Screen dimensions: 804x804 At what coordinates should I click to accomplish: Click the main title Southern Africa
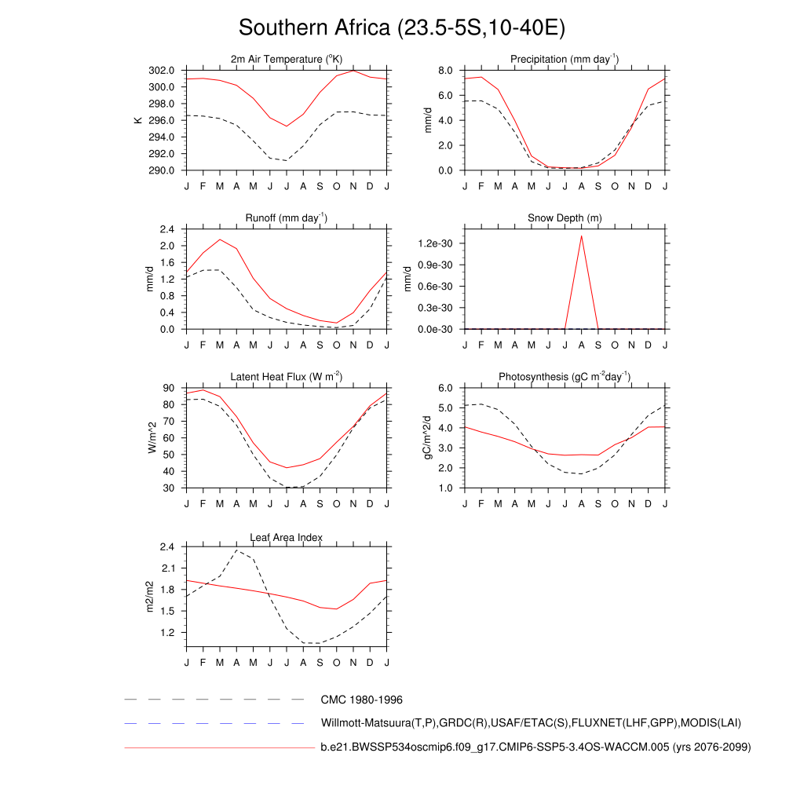tap(401, 28)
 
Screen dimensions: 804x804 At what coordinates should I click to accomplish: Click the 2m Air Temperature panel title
tap(287, 59)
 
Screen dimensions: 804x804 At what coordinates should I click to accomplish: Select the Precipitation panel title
tap(565, 59)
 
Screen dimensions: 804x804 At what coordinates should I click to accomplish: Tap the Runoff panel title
tap(287, 217)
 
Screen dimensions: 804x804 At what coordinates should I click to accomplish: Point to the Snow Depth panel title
tap(565, 217)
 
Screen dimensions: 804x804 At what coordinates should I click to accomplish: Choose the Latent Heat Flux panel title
tap(287, 377)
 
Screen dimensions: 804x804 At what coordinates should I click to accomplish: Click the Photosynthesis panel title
tap(565, 377)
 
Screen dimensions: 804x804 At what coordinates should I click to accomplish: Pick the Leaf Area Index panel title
tap(287, 537)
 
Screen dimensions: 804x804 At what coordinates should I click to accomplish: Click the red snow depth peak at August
tap(582, 236)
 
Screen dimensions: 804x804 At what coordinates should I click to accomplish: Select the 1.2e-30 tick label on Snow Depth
tap(433, 244)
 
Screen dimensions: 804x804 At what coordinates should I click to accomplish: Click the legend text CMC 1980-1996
tap(361, 699)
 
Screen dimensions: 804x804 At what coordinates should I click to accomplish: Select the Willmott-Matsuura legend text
tap(531, 722)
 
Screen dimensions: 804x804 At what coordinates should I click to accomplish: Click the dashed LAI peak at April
tap(236, 550)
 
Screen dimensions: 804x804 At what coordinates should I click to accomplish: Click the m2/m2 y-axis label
tap(151, 598)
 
